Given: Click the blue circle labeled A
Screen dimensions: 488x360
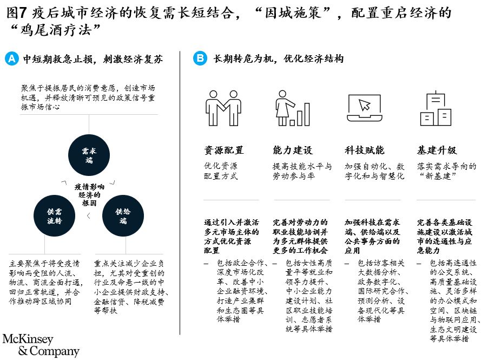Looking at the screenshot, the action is [12, 58].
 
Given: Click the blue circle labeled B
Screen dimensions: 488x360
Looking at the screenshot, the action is [200, 58].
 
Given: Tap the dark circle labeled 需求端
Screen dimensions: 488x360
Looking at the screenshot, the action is [89, 155].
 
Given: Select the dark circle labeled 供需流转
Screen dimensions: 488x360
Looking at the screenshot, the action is [55, 216].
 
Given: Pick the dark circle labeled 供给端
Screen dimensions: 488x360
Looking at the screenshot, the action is [123, 216].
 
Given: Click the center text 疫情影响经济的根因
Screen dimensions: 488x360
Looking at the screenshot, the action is [89, 195].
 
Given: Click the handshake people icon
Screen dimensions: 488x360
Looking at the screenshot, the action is [223, 108].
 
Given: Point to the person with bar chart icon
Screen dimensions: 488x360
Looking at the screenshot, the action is [293, 108].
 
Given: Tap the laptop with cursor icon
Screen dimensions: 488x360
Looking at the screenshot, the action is [365, 108].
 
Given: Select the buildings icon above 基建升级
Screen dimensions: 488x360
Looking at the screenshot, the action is [436, 108].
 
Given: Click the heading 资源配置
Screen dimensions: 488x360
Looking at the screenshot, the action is [224, 150].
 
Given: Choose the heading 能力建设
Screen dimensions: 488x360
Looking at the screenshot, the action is [293, 150].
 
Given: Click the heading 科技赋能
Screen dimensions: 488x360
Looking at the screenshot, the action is [365, 150].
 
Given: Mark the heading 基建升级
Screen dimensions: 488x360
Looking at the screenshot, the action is [437, 150].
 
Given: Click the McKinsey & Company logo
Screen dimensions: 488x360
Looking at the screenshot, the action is [41, 345].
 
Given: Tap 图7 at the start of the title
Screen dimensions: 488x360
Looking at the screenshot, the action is [16, 13].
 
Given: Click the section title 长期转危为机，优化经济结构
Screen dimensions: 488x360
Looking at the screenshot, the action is [279, 58].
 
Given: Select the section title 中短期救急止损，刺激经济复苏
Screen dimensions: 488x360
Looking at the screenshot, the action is [93, 59].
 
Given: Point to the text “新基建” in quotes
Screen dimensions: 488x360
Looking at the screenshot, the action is [438, 176].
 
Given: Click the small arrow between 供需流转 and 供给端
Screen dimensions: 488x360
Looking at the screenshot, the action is [89, 215].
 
